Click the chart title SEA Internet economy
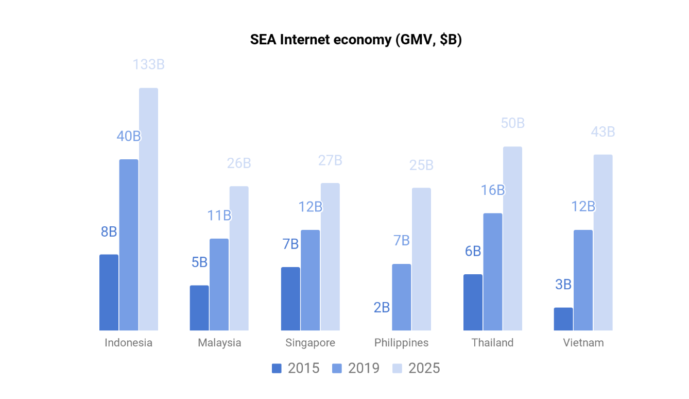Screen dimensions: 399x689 (x=355, y=40)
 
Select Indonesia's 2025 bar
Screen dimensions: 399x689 (x=148, y=209)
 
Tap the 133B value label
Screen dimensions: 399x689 (x=148, y=65)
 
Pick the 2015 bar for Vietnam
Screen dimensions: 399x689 (x=563, y=319)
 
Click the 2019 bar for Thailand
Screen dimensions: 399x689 (x=493, y=272)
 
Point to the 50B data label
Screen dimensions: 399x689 (x=512, y=123)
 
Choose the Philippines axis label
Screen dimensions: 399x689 (x=401, y=343)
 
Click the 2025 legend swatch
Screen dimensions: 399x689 (x=397, y=368)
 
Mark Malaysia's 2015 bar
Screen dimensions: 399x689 (x=199, y=308)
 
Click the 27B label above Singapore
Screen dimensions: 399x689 (x=330, y=160)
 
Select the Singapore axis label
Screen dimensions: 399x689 (x=310, y=343)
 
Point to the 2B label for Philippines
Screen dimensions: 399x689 (x=382, y=308)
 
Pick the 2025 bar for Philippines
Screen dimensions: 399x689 (x=421, y=259)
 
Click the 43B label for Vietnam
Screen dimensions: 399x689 (x=603, y=132)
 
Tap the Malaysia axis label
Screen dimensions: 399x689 (x=219, y=343)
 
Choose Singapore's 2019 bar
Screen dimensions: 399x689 (x=311, y=280)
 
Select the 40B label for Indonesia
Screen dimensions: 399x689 (x=129, y=136)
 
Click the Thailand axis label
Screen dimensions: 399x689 (x=492, y=343)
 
